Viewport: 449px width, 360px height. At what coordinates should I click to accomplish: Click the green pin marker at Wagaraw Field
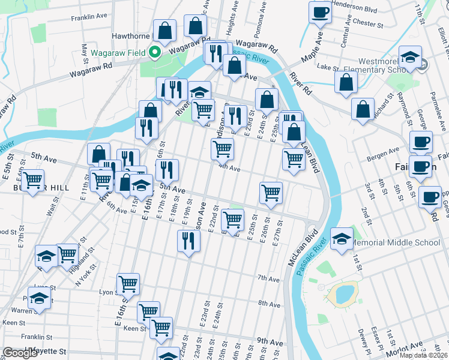click(154, 52)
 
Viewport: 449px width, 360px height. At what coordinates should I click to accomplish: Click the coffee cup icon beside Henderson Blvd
click(320, 12)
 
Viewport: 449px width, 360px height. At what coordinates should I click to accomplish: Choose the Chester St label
click(368, 25)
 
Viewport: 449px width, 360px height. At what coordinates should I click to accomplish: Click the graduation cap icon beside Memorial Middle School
click(342, 238)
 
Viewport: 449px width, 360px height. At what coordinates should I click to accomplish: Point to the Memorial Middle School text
click(394, 243)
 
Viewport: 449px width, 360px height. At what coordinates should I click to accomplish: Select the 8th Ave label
click(269, 304)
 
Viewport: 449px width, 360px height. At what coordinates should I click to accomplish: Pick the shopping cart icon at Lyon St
click(128, 283)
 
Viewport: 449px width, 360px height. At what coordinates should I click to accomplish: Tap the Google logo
click(20, 353)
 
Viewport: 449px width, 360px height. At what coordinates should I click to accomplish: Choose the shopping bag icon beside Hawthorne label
click(164, 30)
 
